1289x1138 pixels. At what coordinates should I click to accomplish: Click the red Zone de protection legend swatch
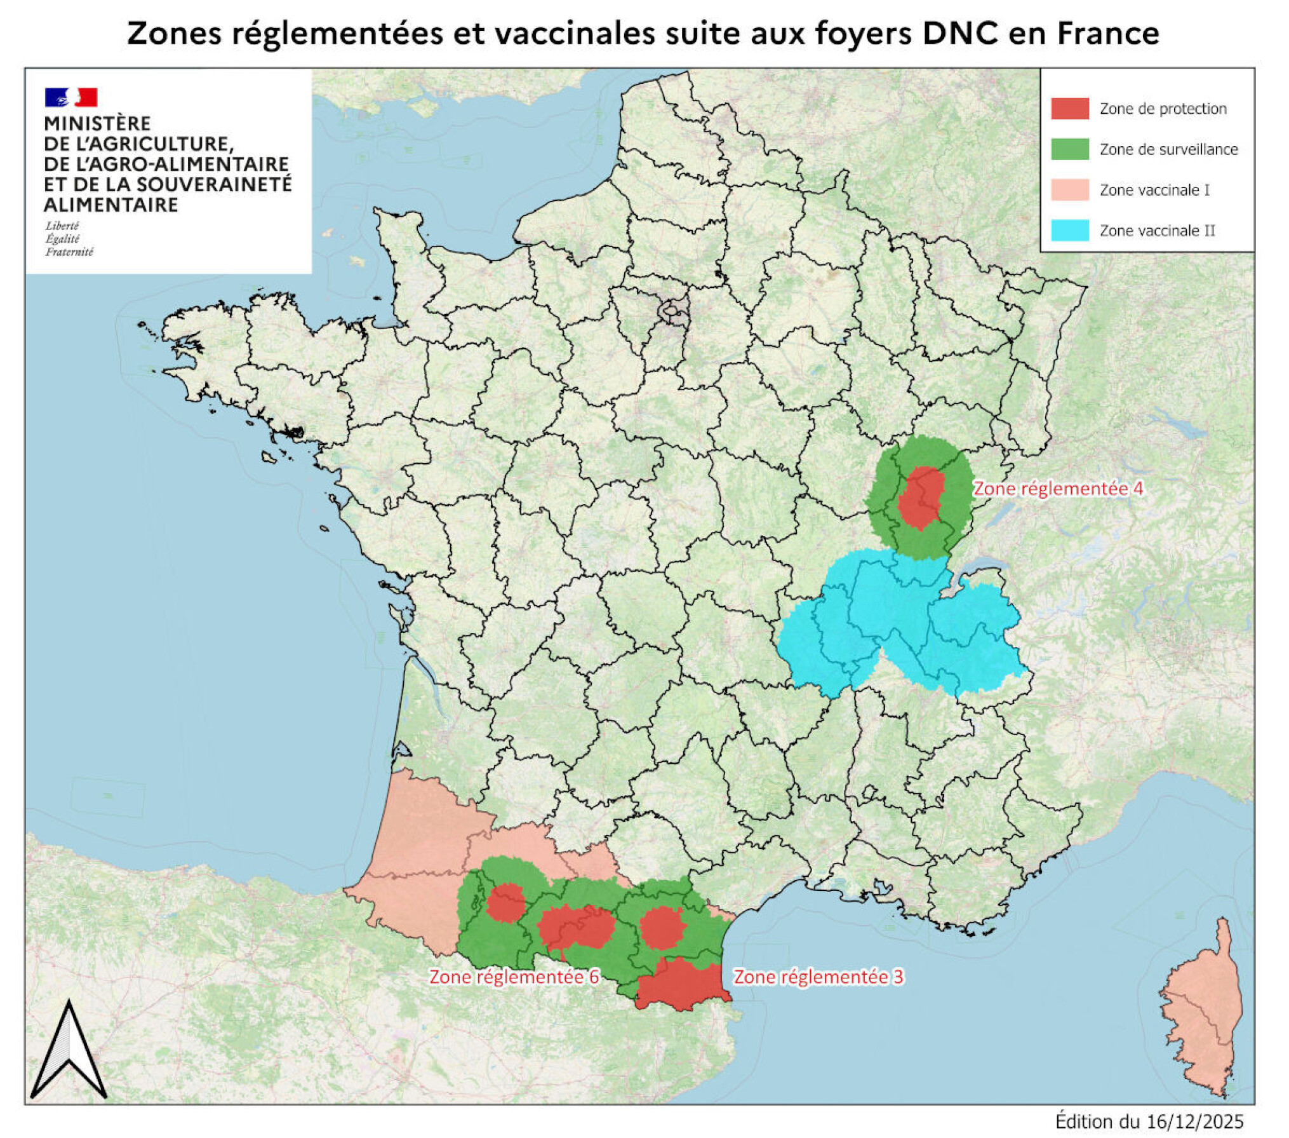[1069, 109]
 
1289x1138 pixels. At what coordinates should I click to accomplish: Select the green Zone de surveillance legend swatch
[1069, 149]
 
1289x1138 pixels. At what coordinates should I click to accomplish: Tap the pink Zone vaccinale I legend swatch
[1069, 190]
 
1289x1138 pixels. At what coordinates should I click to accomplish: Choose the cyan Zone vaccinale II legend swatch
[1069, 230]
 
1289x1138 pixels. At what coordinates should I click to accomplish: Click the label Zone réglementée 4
[1058, 489]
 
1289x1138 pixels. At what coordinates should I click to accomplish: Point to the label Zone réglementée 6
[514, 977]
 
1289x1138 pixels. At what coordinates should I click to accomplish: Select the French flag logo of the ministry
[70, 97]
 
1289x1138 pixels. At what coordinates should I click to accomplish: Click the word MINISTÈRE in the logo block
[97, 123]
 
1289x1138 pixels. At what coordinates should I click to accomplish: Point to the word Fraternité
[69, 252]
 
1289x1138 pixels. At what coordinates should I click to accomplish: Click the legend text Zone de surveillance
[1168, 149]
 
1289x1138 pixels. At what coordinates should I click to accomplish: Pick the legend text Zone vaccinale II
[1157, 231]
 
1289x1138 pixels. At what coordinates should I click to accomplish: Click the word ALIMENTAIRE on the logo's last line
[110, 205]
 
